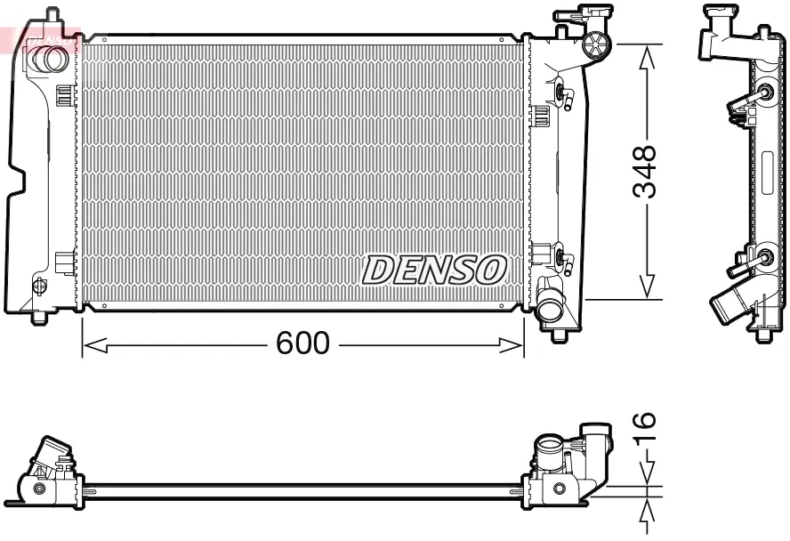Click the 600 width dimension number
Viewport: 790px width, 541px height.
tap(302, 343)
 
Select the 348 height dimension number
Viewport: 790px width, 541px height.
tap(647, 171)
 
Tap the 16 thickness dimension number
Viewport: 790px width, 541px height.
tap(647, 431)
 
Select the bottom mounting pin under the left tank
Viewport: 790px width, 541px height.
tap(39, 317)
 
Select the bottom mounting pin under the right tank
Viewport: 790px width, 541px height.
tap(559, 335)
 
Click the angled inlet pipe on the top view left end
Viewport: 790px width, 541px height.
tap(52, 453)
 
